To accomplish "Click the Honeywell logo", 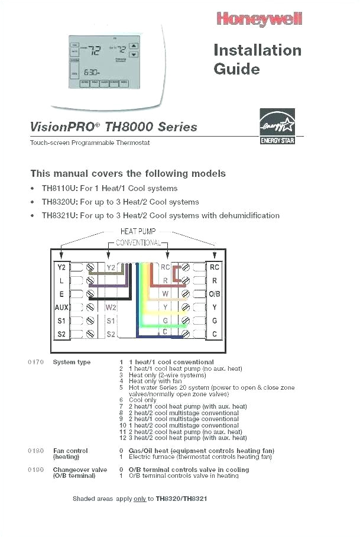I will point(260,19).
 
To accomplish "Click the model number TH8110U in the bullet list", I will point(59,189).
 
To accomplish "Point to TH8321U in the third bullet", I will point(59,215).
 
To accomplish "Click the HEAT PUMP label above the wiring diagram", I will point(138,232).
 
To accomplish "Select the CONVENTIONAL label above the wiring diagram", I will point(138,242).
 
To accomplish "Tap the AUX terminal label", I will point(61,308).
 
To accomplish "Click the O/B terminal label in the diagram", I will point(215,294).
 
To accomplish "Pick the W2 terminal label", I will point(111,308).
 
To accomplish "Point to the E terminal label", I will point(61,294).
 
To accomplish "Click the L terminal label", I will point(61,281).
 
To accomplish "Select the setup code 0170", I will point(35,362).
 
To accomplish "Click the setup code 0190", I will point(35,470).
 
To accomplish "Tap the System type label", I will point(72,362).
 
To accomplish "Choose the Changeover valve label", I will point(80,470).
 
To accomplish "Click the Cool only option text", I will point(142,400).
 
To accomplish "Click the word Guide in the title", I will point(236,69).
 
